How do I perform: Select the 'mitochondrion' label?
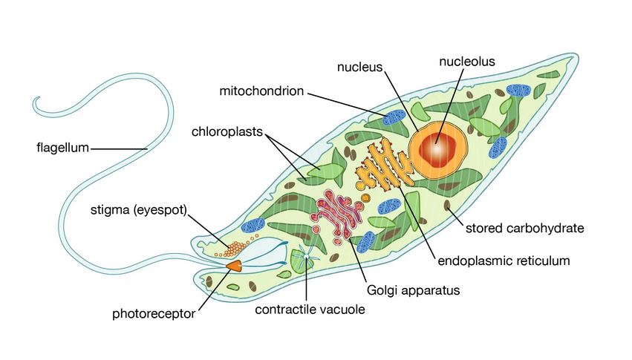pos(261,92)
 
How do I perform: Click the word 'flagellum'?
pos(62,148)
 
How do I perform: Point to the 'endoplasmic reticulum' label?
pos(504,261)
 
